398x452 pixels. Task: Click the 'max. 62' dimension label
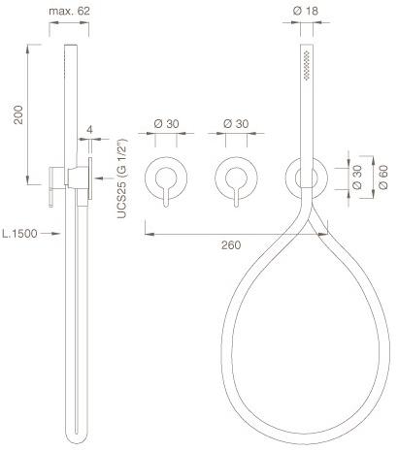(x=69, y=12)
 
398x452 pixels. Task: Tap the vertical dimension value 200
(x=18, y=114)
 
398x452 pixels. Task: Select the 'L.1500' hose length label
(x=19, y=234)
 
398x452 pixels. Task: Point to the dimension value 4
(x=89, y=130)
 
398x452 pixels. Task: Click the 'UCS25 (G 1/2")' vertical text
(x=122, y=178)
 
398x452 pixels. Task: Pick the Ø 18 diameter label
(x=306, y=11)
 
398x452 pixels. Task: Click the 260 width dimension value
(x=231, y=245)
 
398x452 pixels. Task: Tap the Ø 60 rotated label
(x=382, y=178)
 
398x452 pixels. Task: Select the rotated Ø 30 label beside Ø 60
(x=357, y=178)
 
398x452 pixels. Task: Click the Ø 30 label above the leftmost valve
(x=166, y=124)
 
